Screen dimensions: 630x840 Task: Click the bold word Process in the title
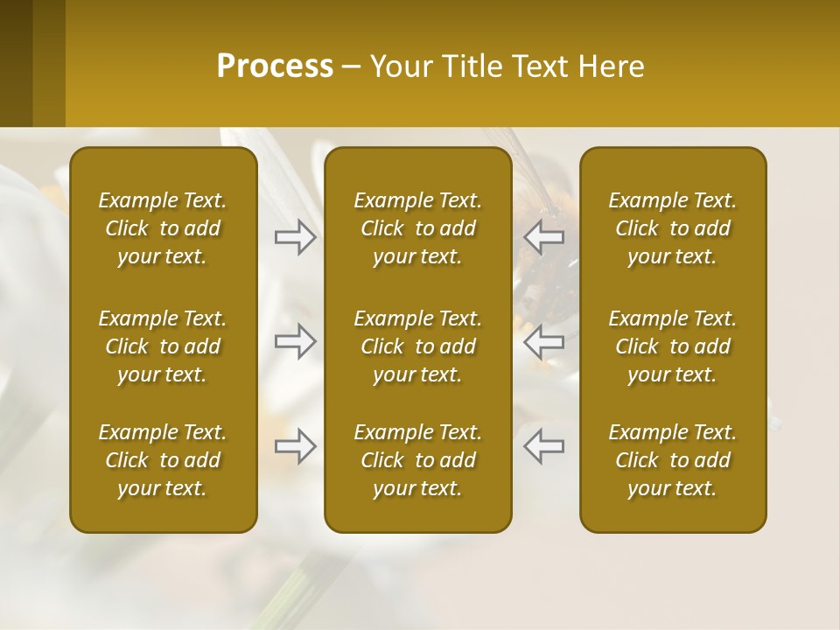pyautogui.click(x=275, y=66)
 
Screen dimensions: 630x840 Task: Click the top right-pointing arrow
pyautogui.click(x=295, y=237)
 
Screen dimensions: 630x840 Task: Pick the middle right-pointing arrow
pyautogui.click(x=295, y=342)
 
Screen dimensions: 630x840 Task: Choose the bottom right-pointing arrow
pyautogui.click(x=295, y=446)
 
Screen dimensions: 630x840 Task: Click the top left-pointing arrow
pyautogui.click(x=544, y=237)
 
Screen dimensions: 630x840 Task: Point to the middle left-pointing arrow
pyautogui.click(x=544, y=342)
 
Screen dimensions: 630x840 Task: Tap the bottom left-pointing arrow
pyautogui.click(x=544, y=446)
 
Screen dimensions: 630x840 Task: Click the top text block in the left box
pyautogui.click(x=163, y=228)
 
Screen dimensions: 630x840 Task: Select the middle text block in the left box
pyautogui.click(x=163, y=346)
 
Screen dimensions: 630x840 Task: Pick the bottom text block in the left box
pyautogui.click(x=163, y=460)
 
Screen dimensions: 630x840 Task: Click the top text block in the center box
pyautogui.click(x=417, y=228)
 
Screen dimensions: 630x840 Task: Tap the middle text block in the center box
pyautogui.click(x=417, y=346)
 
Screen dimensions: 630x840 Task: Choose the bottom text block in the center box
pyautogui.click(x=417, y=460)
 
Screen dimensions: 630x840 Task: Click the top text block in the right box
pyautogui.click(x=672, y=228)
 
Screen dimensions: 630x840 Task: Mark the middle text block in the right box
pyautogui.click(x=672, y=346)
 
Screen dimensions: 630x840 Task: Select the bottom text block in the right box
pyautogui.click(x=672, y=460)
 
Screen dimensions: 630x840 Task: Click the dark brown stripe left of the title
pyautogui.click(x=16, y=63)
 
